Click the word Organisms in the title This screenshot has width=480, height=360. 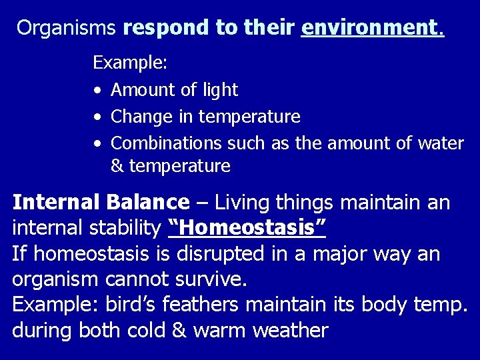tap(67, 28)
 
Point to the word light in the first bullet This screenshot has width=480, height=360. tap(221, 90)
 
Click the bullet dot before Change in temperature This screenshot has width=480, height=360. tap(98, 117)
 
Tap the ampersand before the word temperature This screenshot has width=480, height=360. tap(117, 166)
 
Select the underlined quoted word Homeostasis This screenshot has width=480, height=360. tap(247, 229)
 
